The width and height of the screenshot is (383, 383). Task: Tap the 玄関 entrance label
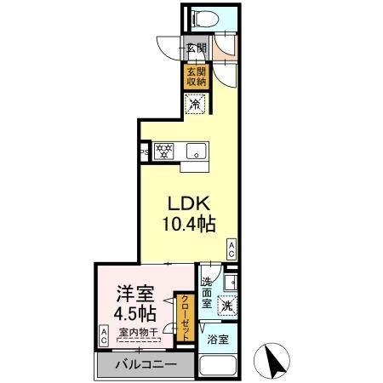click(x=195, y=49)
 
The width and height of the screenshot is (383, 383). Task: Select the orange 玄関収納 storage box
click(x=197, y=77)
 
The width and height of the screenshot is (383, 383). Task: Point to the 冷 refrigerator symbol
click(x=196, y=105)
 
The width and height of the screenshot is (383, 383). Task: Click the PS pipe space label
click(x=145, y=153)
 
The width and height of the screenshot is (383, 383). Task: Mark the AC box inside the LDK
click(x=231, y=248)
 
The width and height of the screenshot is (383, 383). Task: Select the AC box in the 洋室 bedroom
click(x=104, y=334)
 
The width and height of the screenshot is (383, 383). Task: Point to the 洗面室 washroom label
click(x=208, y=290)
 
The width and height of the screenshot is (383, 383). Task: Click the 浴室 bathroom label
click(x=218, y=340)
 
